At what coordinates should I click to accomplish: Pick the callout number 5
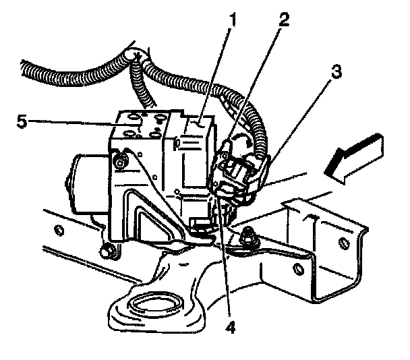pyautogui.click(x=21, y=121)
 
